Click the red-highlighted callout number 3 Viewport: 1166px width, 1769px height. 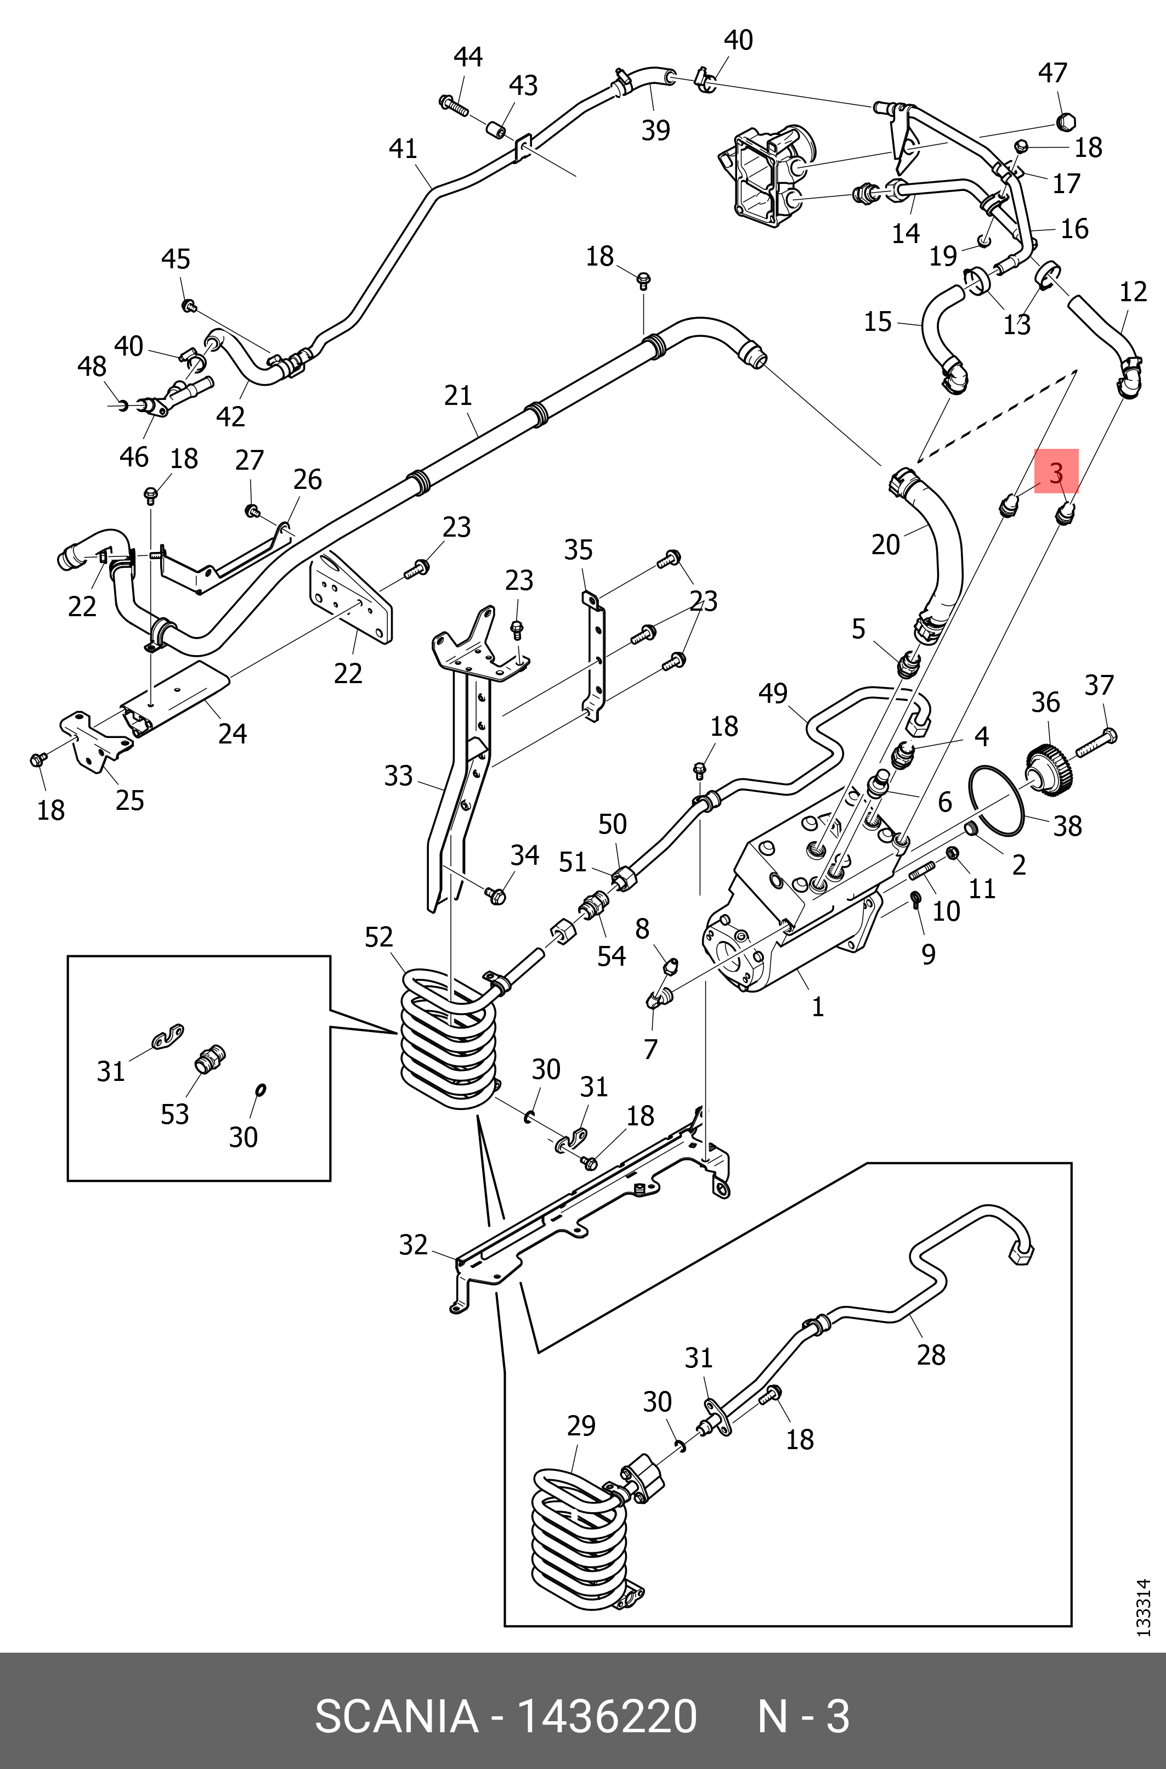tap(1056, 472)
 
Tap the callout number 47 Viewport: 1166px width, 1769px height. tap(1052, 72)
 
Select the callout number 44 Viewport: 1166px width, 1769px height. tap(468, 57)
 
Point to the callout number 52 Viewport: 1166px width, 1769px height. tap(378, 937)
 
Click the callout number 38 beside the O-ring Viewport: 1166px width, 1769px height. tap(1067, 825)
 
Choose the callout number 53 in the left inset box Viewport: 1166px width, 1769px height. tap(175, 1114)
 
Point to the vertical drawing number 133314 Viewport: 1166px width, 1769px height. tap(1144, 1607)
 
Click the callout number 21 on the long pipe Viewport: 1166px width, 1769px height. tap(458, 395)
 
